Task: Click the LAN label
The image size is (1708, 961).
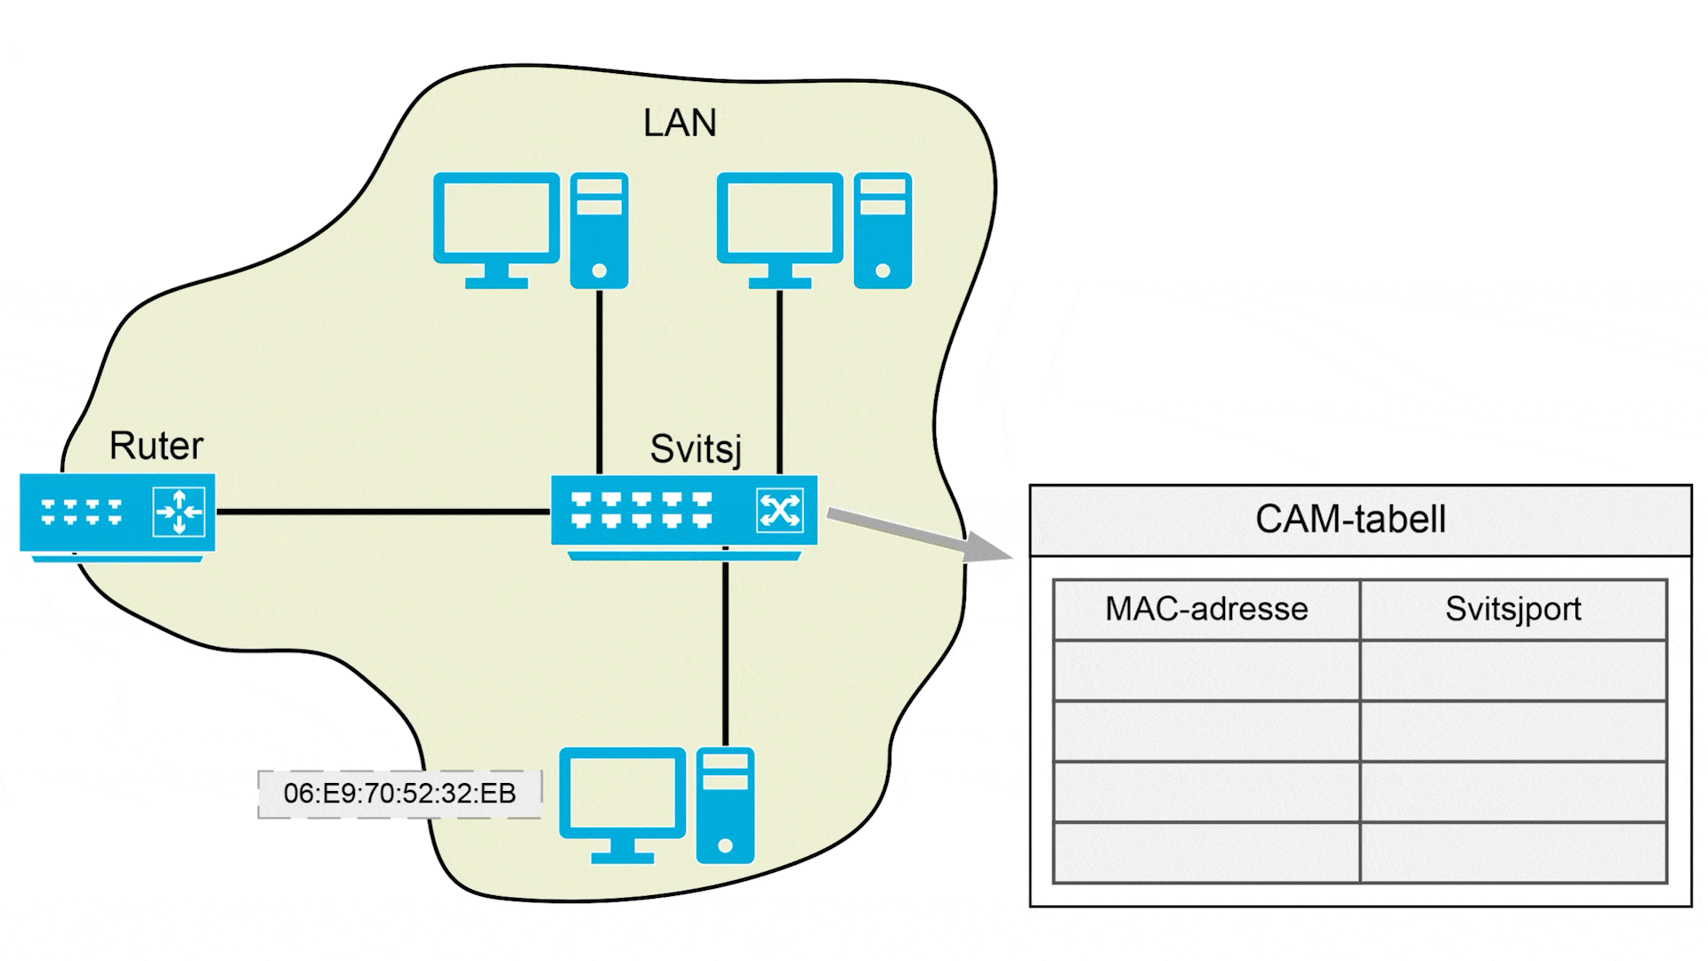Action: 680,123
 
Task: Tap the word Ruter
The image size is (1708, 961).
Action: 156,446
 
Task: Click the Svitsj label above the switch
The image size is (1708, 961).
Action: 695,449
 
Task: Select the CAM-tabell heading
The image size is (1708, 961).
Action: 1349,520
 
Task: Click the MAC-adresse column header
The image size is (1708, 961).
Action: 1206,610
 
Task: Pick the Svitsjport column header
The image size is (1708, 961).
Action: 1512,610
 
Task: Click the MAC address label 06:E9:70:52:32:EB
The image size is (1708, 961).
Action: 399,794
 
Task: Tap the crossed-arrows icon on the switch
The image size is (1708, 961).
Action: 779,511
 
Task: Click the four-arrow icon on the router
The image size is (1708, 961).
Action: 179,512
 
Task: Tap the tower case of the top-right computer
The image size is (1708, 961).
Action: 882,230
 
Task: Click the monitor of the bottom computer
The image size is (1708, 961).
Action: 622,793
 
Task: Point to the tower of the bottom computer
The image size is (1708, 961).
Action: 725,806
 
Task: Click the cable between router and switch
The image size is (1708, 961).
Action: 383,512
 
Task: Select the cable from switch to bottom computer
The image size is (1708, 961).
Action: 725,650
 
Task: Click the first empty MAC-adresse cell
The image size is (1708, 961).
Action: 1206,670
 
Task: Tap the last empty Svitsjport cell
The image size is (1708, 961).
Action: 1512,852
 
